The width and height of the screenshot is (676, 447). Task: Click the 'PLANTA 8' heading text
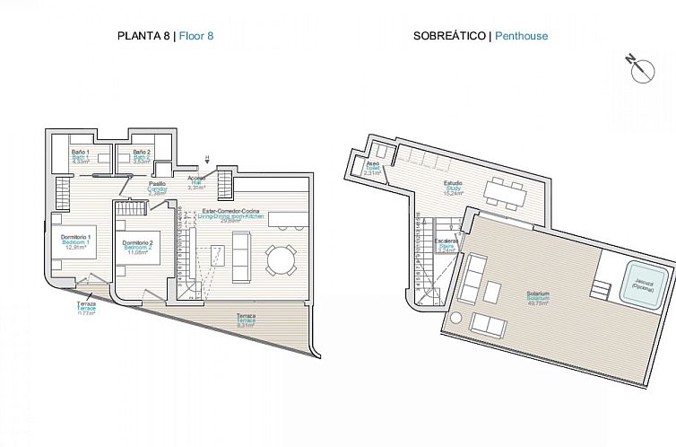(144, 37)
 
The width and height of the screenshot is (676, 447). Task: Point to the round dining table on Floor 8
(281, 260)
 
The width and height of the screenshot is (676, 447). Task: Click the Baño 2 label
(142, 156)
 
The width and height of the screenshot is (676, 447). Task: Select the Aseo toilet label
(374, 168)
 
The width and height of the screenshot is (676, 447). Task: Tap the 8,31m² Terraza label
(246, 320)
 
